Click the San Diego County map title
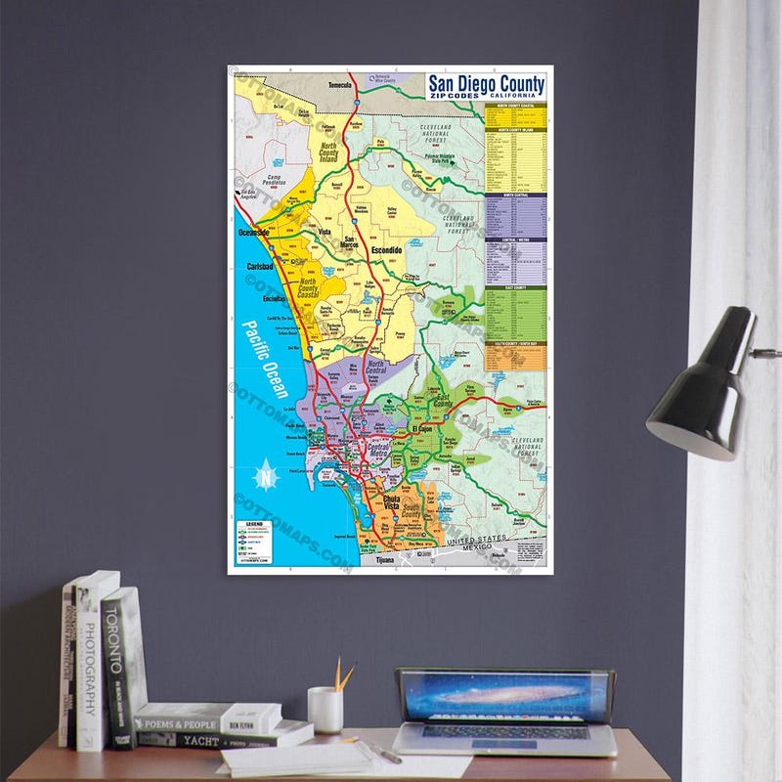(487, 85)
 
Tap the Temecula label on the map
(339, 85)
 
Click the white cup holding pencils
(325, 710)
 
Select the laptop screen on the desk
(505, 695)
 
